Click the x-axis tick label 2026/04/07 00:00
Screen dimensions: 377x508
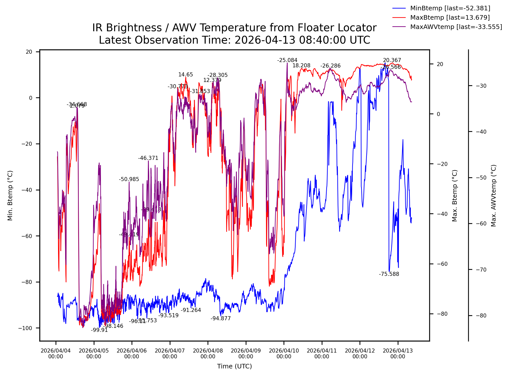(x=170, y=354)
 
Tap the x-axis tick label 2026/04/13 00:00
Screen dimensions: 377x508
(x=398, y=354)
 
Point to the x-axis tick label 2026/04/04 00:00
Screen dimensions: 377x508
(x=56, y=354)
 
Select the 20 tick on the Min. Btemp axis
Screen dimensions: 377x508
(x=29, y=52)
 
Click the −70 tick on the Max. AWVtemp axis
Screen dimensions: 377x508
(x=481, y=270)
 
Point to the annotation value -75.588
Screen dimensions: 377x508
(x=389, y=274)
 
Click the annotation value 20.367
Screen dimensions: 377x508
(x=392, y=60)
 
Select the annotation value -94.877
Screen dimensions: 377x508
(x=220, y=318)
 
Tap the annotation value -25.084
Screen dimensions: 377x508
(x=287, y=60)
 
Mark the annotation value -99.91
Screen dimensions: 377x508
(x=99, y=330)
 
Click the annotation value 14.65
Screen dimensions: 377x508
(x=186, y=75)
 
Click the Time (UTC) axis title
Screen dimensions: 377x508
(x=234, y=366)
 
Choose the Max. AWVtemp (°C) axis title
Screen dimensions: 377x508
(x=494, y=196)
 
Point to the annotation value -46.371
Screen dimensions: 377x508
(x=148, y=158)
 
